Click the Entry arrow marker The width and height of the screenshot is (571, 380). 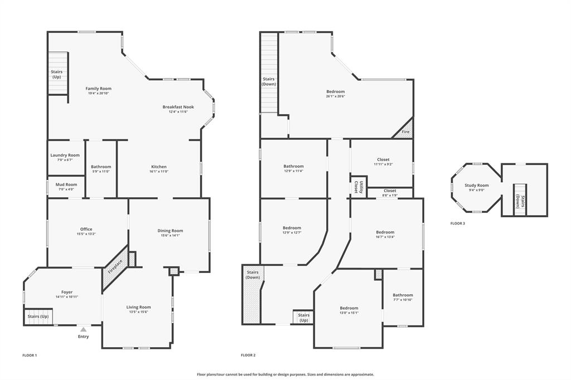tap(83, 329)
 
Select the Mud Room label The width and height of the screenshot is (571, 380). tap(66, 184)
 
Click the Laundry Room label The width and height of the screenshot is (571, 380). tap(65, 155)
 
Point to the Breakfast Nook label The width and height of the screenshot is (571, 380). tap(178, 106)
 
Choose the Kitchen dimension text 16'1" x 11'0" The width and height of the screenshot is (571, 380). tap(159, 172)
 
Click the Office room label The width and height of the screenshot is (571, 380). tap(86, 229)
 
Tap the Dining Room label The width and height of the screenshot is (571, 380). tap(170, 231)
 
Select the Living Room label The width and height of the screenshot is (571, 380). tap(138, 307)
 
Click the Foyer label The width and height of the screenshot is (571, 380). tap(67, 292)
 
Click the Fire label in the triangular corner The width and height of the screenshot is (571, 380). tap(406, 132)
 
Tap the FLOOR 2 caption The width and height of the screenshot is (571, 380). tap(248, 355)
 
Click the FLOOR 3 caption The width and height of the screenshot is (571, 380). tap(458, 223)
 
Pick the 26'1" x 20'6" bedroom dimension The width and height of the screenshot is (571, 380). tap(336, 96)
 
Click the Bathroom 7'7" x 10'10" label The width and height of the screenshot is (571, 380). tap(403, 295)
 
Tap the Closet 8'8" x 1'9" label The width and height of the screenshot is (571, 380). tap(390, 191)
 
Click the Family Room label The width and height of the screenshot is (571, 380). tap(98, 88)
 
